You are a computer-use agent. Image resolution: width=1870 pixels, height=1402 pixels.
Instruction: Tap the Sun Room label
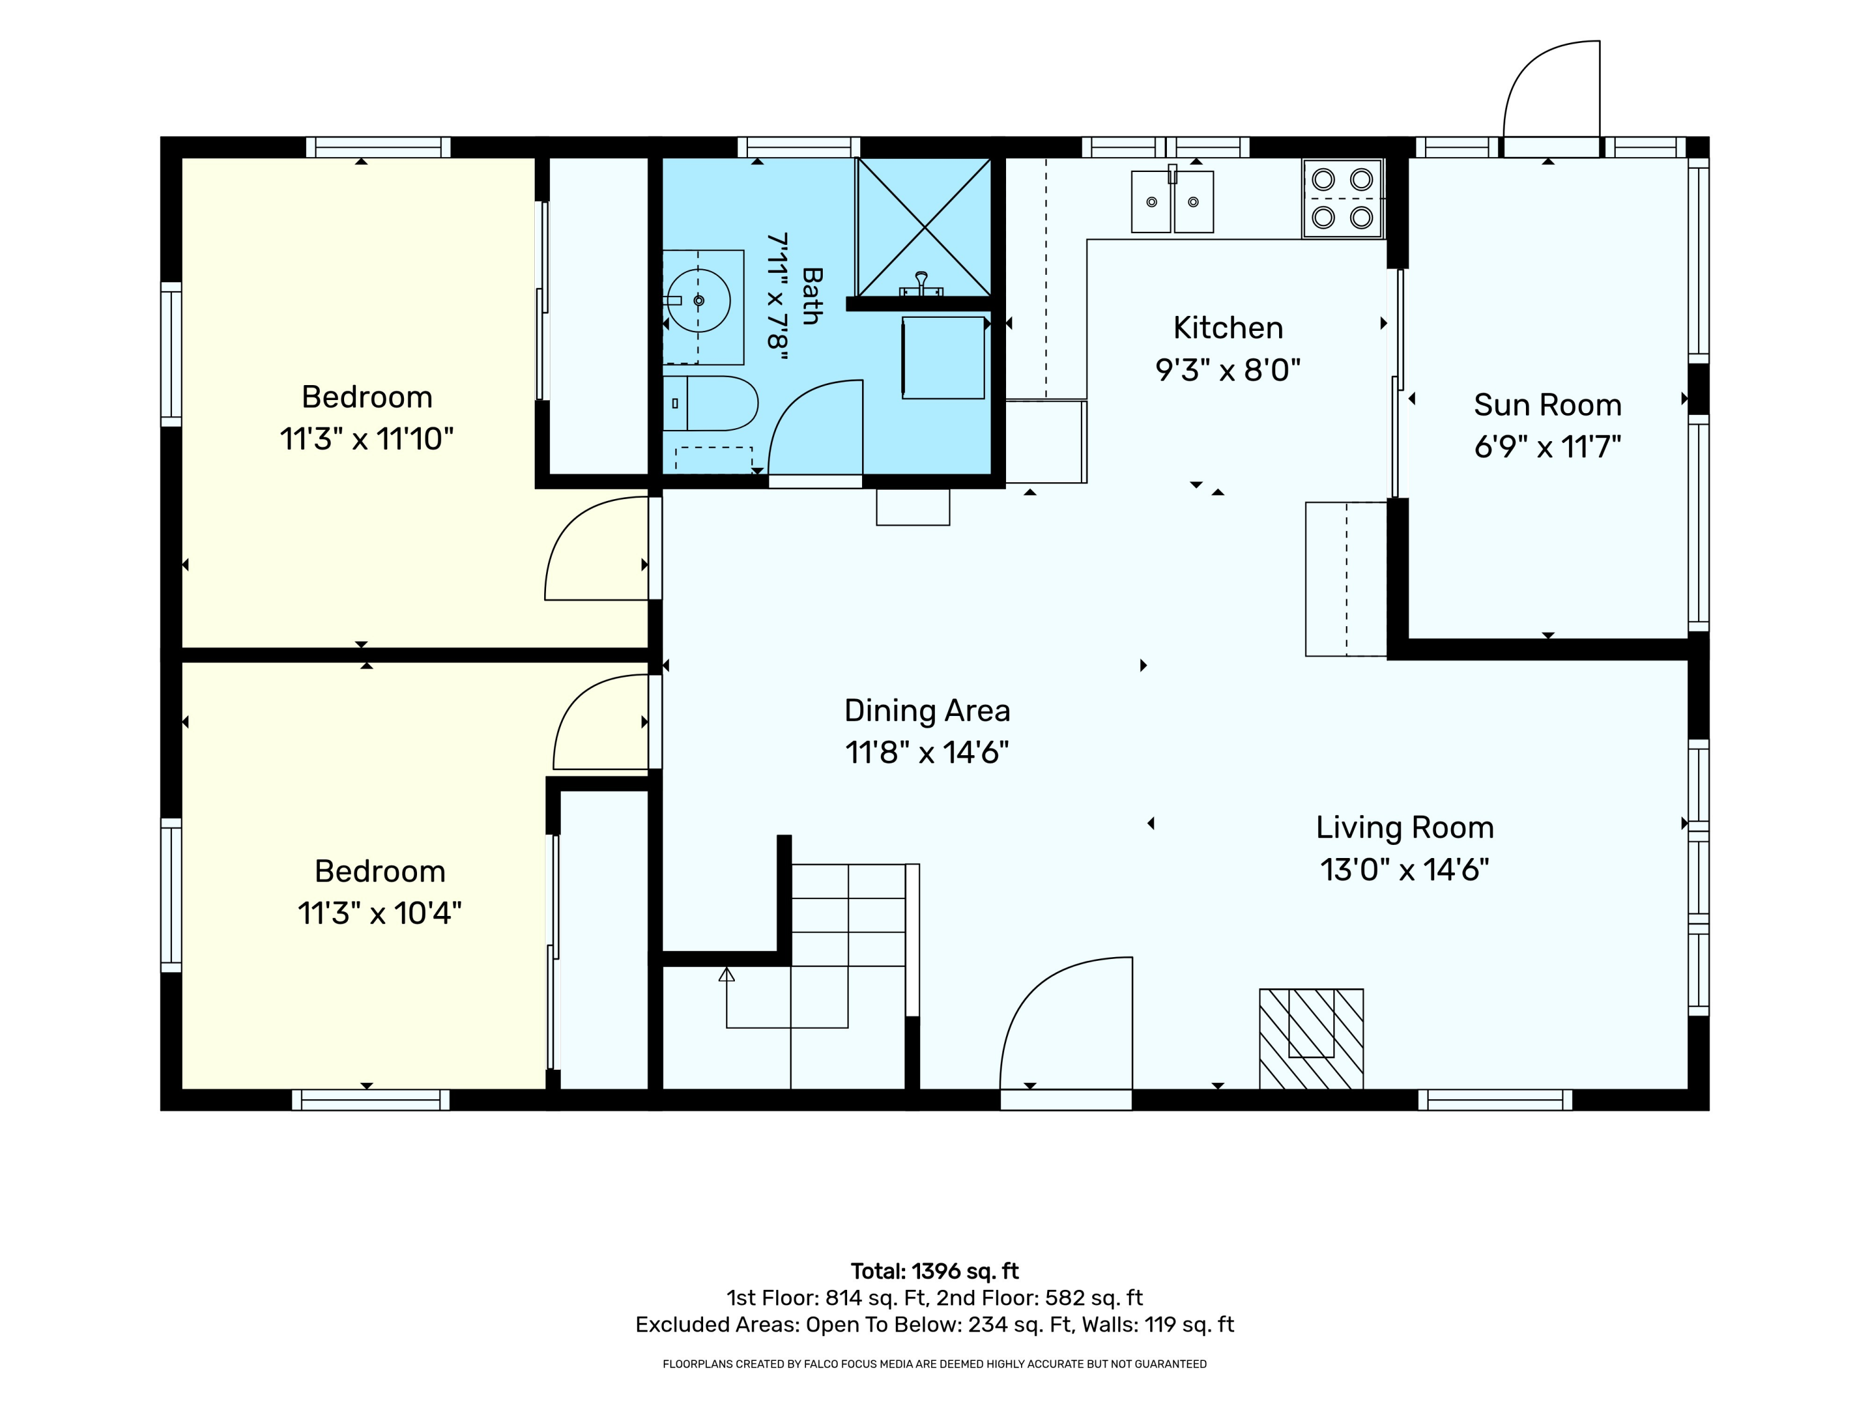pos(1547,405)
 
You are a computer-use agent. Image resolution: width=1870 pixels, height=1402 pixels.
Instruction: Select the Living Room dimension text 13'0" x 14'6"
pos(1404,870)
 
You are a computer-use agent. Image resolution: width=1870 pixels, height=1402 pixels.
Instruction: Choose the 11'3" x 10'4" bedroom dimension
pos(380,913)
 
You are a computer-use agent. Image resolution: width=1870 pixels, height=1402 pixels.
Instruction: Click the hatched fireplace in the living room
pos(1311,1039)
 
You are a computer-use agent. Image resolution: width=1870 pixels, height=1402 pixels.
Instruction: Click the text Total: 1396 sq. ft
pos(934,1271)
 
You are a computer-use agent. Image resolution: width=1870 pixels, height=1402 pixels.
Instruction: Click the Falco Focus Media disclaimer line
pos(934,1364)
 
